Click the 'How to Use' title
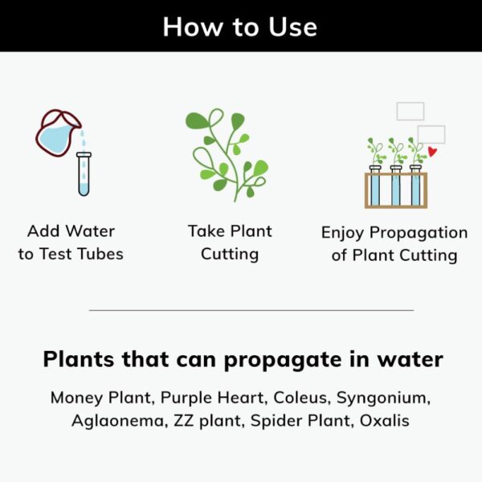(239, 27)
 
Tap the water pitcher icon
(59, 133)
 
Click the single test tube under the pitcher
(84, 174)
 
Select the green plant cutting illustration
(227, 155)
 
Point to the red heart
(432, 152)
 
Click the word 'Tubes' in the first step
(100, 254)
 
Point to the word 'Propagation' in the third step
(419, 233)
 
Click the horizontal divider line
(251, 310)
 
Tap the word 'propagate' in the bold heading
(283, 360)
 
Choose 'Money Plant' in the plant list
(101, 398)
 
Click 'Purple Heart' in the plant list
(212, 398)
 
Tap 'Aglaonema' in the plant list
(119, 421)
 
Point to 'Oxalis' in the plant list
(384, 420)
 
